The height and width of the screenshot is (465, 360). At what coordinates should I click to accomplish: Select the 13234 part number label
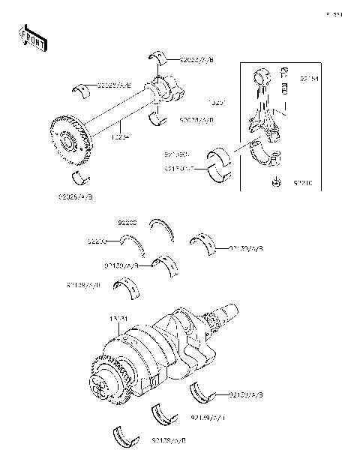pyautogui.click(x=121, y=137)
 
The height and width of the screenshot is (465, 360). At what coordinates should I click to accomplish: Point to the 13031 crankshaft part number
pyautogui.click(x=119, y=319)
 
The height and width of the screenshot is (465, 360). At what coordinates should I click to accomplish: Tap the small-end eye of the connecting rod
pyautogui.click(x=263, y=76)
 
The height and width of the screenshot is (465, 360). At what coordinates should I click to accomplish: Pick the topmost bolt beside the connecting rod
pyautogui.click(x=284, y=73)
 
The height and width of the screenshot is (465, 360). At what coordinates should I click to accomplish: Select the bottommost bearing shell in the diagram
pyautogui.click(x=124, y=437)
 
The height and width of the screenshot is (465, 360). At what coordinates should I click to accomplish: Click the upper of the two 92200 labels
pyautogui.click(x=128, y=223)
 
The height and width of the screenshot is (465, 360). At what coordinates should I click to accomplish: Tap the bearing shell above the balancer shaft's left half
pyautogui.click(x=91, y=91)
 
